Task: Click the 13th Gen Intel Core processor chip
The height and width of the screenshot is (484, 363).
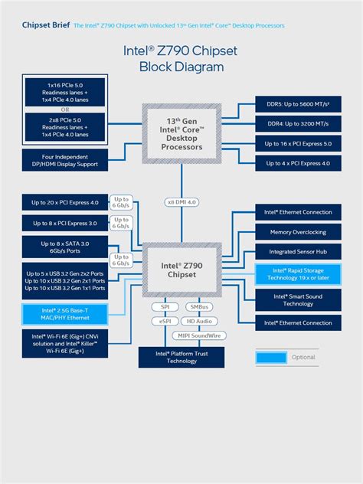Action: point(181,134)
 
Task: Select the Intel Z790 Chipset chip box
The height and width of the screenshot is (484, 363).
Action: point(181,269)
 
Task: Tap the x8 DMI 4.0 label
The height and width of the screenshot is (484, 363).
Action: point(181,201)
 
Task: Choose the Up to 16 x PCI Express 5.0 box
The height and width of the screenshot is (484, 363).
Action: point(298,143)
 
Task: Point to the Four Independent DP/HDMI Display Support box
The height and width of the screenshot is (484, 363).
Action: point(65,161)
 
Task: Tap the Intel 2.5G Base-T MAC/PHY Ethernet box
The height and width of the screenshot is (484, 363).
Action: point(65,312)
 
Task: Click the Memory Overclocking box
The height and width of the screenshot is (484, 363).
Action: point(298,232)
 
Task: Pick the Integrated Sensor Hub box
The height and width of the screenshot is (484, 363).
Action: point(298,251)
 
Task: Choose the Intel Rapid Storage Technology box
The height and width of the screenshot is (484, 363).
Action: point(298,274)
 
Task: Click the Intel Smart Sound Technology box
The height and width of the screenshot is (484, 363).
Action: point(298,299)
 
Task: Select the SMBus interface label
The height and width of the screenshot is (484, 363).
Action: point(201,306)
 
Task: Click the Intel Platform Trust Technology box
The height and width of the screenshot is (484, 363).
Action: point(182,357)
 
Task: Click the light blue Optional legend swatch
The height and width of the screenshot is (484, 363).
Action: point(271,357)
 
